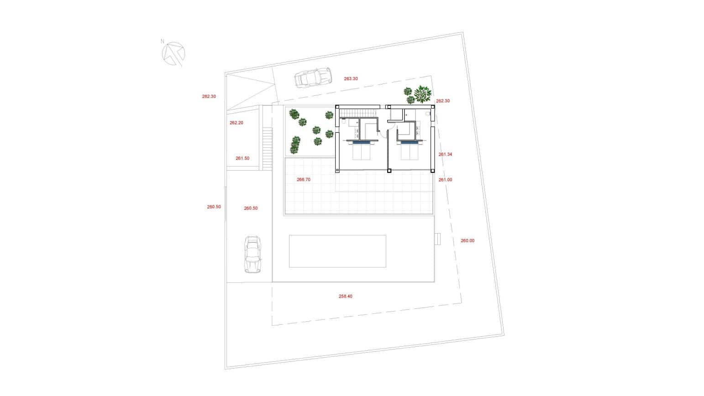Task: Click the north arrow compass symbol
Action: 173,53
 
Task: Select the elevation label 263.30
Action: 351,78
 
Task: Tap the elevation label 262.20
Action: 236,123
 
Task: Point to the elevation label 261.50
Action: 242,158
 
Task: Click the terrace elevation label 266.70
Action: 304,180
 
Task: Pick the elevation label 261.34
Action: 445,154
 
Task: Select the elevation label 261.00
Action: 445,180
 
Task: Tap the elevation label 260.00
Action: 468,240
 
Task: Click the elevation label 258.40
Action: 345,296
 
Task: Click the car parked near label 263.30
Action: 313,78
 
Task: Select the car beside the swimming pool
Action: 252,254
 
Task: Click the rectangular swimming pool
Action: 337,251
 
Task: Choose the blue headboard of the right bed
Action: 410,142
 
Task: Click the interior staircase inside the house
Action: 360,112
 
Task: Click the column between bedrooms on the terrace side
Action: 389,171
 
